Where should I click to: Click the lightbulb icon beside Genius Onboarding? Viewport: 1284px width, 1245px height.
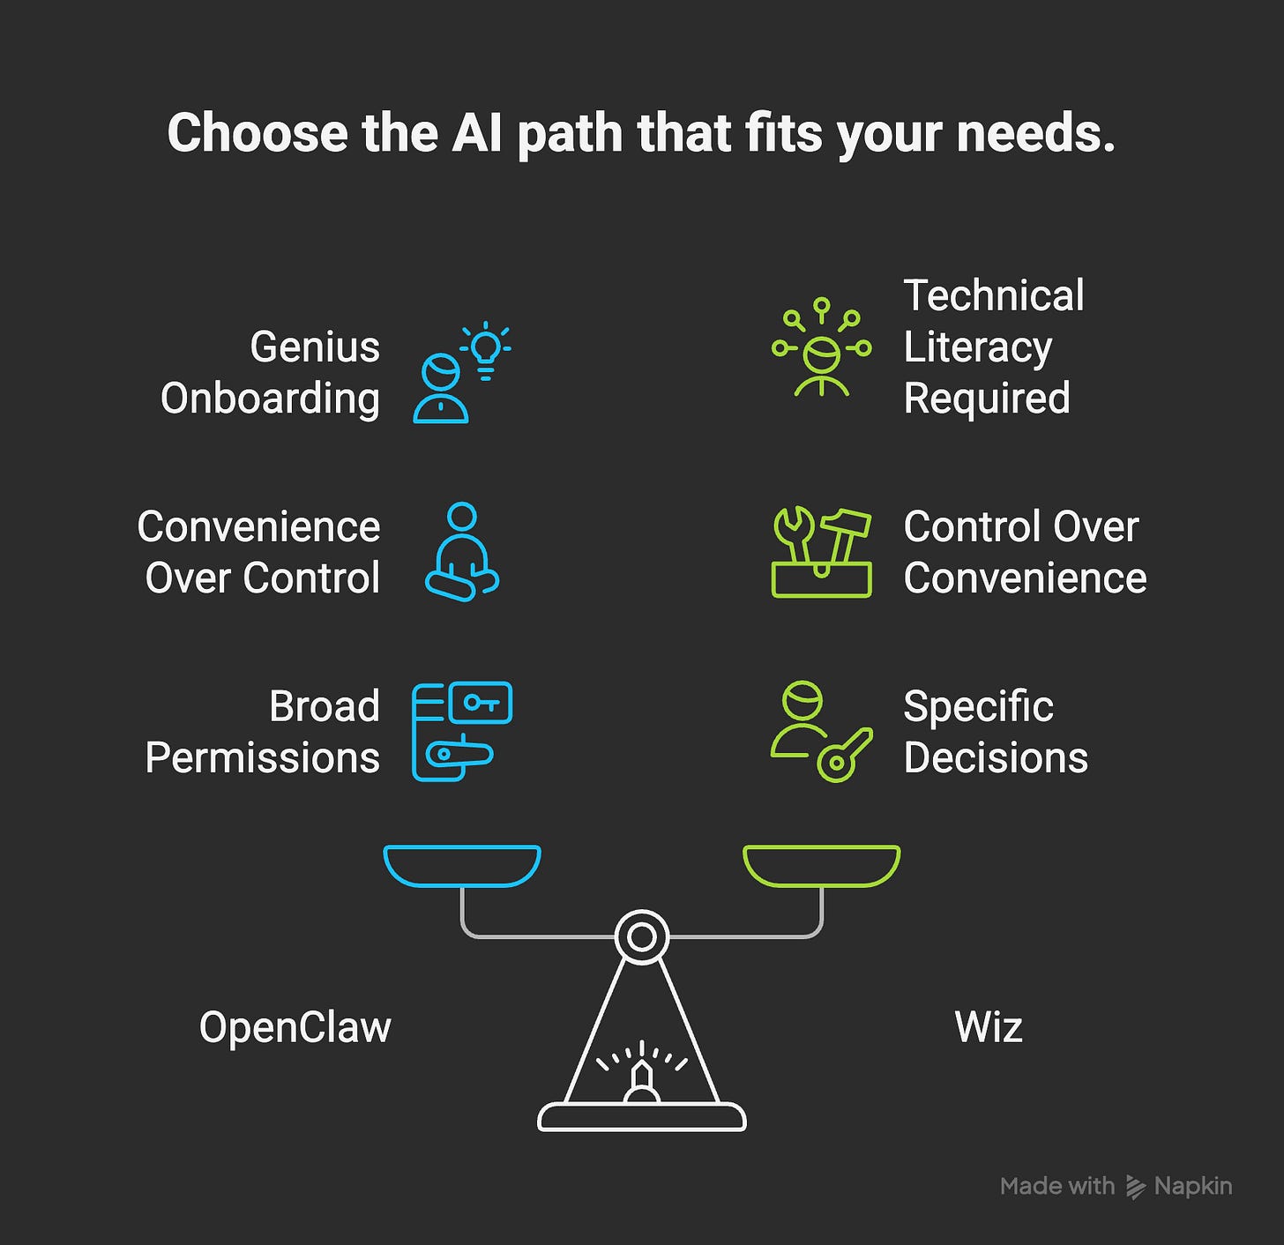(x=486, y=349)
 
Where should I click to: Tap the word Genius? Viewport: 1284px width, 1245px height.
(x=315, y=347)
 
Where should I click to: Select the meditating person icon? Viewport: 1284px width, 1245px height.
(x=462, y=552)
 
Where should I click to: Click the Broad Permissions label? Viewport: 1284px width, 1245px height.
(x=263, y=732)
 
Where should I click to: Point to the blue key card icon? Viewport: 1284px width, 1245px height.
(x=462, y=731)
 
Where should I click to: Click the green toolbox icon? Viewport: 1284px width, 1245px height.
(x=821, y=553)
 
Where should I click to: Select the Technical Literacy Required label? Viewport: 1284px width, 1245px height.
(x=994, y=347)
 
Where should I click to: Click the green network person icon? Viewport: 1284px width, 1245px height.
(x=821, y=347)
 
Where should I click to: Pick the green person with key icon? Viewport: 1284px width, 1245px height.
(x=821, y=731)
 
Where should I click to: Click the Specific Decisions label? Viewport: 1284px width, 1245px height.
(x=996, y=732)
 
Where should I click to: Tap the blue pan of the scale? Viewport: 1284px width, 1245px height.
(x=462, y=864)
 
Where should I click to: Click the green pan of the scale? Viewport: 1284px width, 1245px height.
(x=821, y=864)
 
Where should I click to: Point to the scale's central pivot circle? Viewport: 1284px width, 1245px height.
(x=642, y=936)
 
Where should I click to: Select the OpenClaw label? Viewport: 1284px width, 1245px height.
(x=295, y=1027)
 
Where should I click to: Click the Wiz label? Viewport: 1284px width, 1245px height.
(x=989, y=1027)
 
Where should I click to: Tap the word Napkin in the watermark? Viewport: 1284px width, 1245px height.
(x=1192, y=1186)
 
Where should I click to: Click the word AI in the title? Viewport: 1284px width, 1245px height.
(x=477, y=133)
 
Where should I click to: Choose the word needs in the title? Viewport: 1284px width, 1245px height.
(x=1035, y=133)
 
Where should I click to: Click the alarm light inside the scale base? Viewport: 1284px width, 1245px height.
(x=642, y=1082)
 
